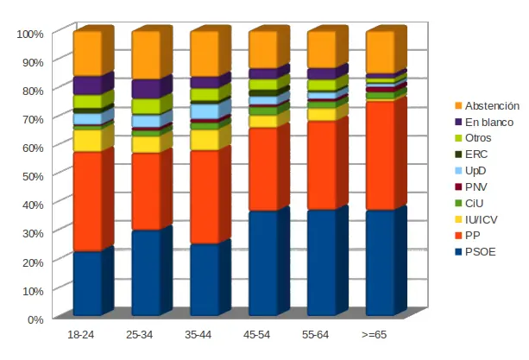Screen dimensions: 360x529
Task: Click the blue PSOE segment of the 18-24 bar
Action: click(x=87, y=283)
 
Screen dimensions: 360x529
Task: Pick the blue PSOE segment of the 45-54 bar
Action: click(x=263, y=263)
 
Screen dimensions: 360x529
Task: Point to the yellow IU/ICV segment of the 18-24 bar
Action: click(x=87, y=141)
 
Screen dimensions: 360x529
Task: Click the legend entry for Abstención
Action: click(x=489, y=105)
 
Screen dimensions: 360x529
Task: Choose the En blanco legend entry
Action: click(x=488, y=122)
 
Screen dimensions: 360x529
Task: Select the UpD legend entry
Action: click(x=476, y=170)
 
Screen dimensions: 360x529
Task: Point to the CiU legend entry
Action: click(x=475, y=203)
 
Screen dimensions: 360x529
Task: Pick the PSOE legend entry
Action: click(x=480, y=251)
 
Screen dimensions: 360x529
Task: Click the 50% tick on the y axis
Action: click(x=32, y=175)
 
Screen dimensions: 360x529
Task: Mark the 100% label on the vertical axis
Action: click(x=29, y=34)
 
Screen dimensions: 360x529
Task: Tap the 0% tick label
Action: click(x=35, y=319)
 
